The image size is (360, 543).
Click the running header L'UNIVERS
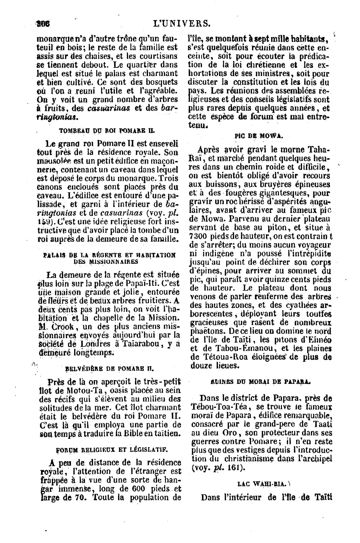[x=181, y=24]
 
